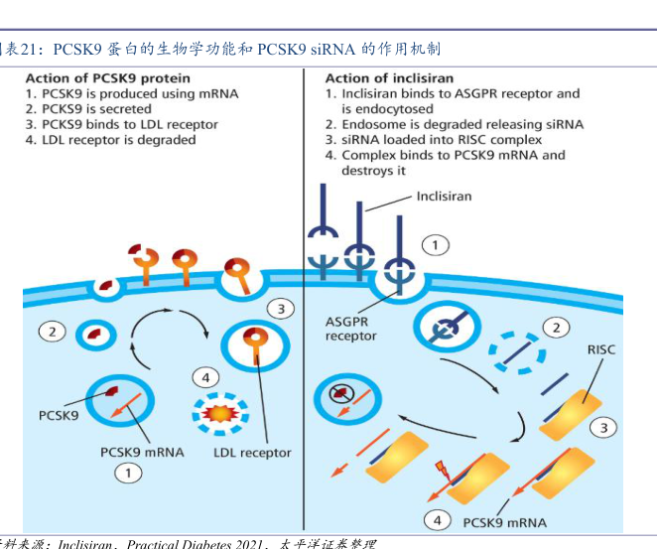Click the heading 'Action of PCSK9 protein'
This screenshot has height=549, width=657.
(x=107, y=77)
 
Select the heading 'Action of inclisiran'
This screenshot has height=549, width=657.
(x=389, y=77)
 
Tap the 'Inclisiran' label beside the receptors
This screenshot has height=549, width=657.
(x=444, y=197)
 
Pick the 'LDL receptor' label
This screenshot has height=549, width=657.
(x=252, y=453)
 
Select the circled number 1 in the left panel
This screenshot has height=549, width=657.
(x=128, y=474)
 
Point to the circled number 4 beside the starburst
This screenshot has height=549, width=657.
(x=205, y=377)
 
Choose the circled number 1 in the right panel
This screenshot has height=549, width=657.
(x=435, y=244)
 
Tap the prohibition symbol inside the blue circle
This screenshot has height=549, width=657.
(x=342, y=394)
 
